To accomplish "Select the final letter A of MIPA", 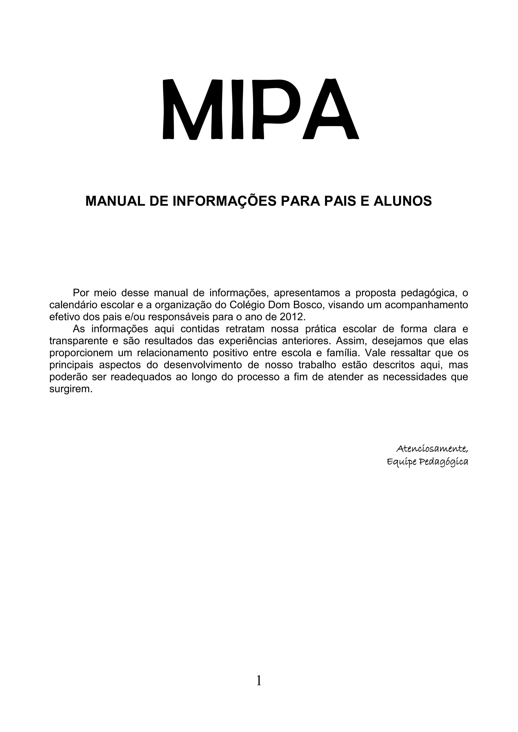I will click(x=331, y=109).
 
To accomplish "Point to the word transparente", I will click(x=78, y=341).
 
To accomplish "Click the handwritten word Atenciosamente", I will click(x=432, y=449).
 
